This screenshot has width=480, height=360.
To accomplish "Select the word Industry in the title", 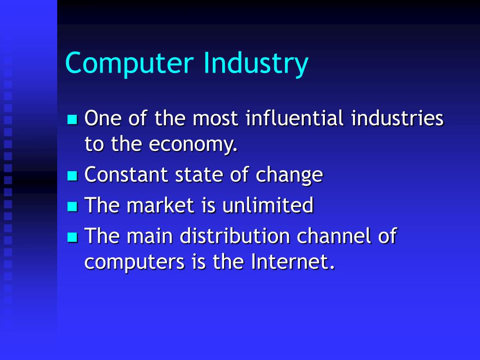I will (x=256, y=64).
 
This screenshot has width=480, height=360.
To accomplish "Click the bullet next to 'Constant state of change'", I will (x=72, y=176).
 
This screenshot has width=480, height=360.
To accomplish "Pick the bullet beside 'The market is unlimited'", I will (x=72, y=206).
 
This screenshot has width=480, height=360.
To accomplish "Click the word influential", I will (x=295, y=118).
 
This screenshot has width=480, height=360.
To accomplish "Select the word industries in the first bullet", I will (x=397, y=118).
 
